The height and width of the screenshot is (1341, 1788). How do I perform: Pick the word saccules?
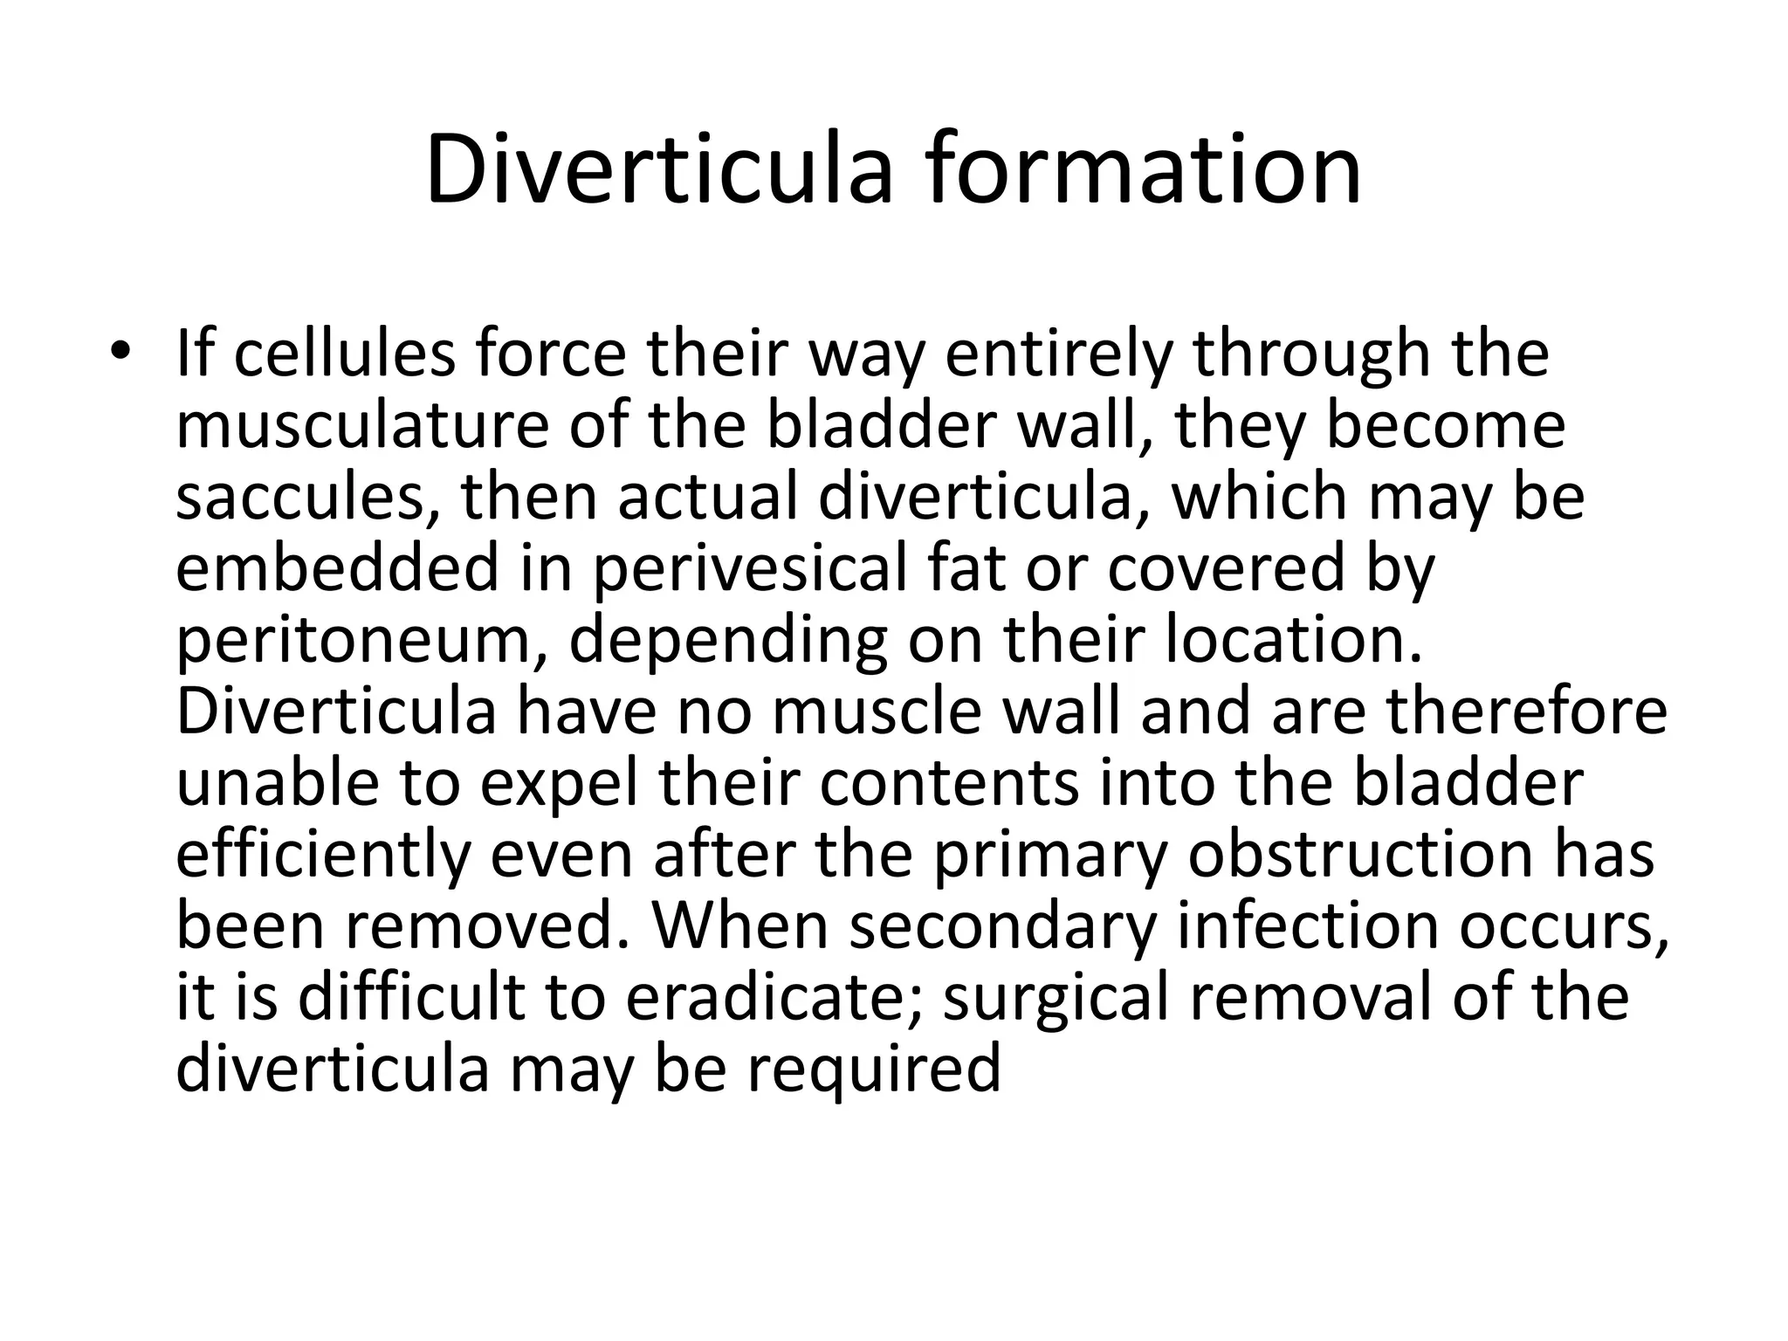point(306,497)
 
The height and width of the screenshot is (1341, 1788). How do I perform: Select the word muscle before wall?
point(878,711)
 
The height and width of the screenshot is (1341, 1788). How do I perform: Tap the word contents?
point(949,783)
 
